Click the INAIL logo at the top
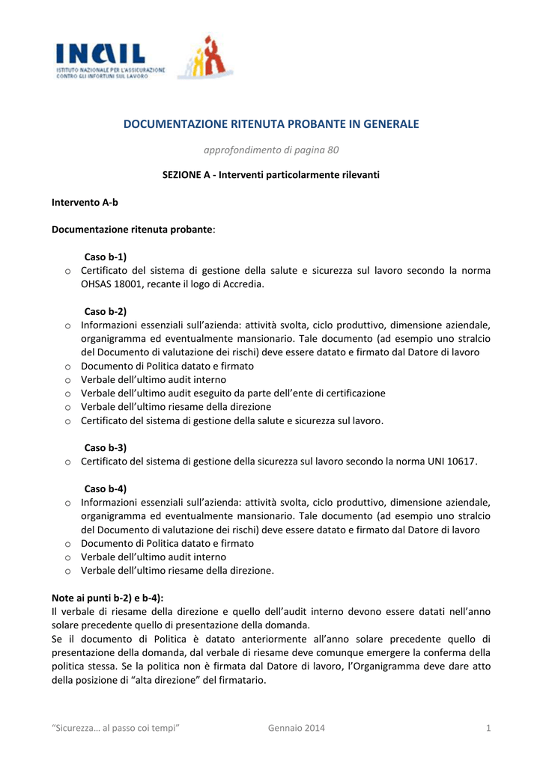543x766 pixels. point(105,59)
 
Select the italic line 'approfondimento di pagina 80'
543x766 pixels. point(271,150)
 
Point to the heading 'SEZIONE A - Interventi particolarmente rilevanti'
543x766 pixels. point(271,175)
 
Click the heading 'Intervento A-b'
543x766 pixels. point(85,203)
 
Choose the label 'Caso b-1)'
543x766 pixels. point(106,257)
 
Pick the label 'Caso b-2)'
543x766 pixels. point(106,311)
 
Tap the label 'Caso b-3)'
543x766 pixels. point(106,447)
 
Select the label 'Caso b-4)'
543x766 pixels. point(106,488)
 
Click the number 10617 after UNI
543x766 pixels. point(460,462)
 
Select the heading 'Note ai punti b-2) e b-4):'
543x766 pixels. point(107,598)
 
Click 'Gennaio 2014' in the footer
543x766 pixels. point(296,729)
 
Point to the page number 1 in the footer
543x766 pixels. point(488,729)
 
